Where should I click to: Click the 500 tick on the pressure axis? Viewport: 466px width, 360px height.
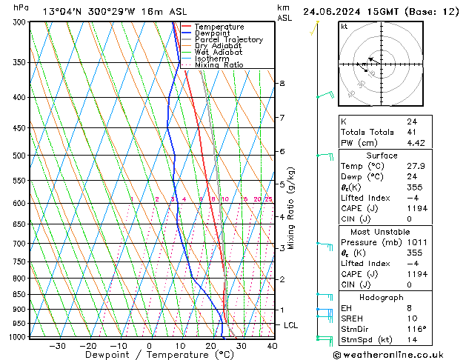tap(18, 156)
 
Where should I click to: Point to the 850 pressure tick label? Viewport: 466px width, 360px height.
tap(18, 294)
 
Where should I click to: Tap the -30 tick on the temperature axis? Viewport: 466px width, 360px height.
tap(57, 345)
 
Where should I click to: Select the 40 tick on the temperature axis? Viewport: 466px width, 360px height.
tap(272, 345)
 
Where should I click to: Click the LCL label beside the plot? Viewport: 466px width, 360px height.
tap(292, 325)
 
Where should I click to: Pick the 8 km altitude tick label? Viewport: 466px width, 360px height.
tap(282, 84)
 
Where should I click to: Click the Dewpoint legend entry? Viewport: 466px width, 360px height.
tap(213, 33)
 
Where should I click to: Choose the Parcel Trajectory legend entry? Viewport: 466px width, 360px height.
tap(228, 39)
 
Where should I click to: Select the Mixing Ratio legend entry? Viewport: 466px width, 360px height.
tap(219, 64)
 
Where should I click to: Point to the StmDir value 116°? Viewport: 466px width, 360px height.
tap(415, 330)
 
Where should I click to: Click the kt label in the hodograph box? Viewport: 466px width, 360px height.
tap(344, 27)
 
